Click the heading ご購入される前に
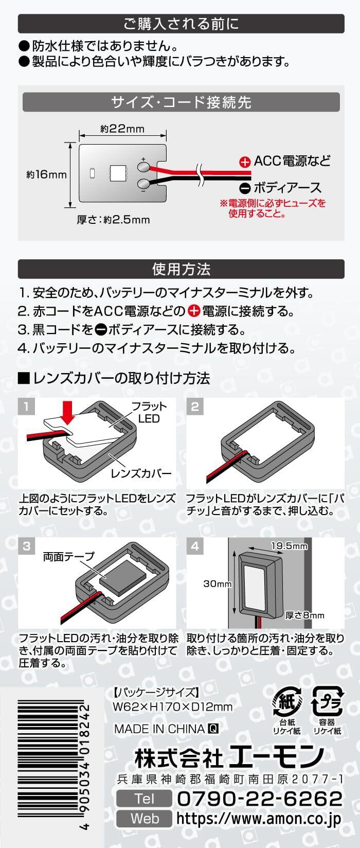[x=181, y=24]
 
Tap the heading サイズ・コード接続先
[x=181, y=102]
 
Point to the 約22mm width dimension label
[x=122, y=128]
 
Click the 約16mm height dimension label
[x=47, y=174]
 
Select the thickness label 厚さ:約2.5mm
[x=114, y=220]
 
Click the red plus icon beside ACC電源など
[x=245, y=162]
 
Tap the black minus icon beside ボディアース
[x=245, y=188]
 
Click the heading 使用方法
[x=181, y=269]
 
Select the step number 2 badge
[x=194, y=407]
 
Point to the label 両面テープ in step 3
[x=69, y=556]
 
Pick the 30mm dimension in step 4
[x=218, y=584]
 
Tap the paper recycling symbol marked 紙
[x=283, y=701]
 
